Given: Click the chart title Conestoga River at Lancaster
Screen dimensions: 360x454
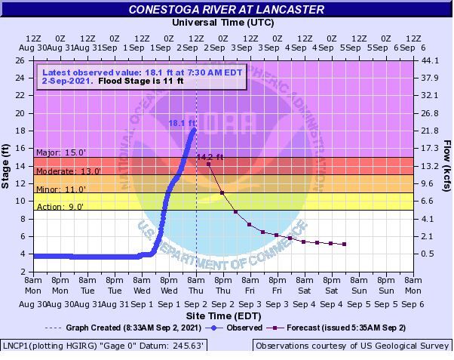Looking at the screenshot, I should [x=226, y=10].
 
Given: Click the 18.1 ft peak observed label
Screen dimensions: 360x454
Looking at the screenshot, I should [x=180, y=122].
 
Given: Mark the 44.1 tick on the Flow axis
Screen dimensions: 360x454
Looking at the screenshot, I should [x=430, y=60].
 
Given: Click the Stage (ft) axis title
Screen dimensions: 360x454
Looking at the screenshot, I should [x=7, y=165].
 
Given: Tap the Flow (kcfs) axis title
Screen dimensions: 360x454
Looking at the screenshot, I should [x=447, y=165].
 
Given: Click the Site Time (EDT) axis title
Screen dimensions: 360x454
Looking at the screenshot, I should [x=223, y=315].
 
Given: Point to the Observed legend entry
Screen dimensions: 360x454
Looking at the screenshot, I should [x=239, y=328].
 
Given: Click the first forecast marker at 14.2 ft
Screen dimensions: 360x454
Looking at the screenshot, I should [x=208, y=164].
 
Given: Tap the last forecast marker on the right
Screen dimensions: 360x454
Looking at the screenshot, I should [x=344, y=244].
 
